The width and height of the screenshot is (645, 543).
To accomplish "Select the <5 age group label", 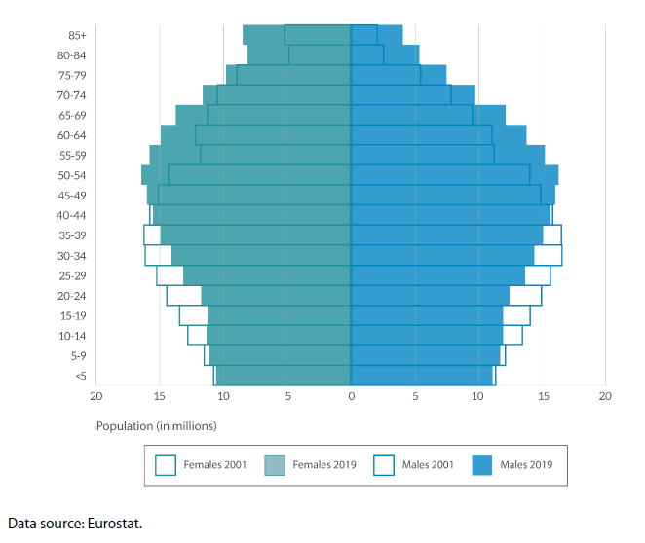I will [x=81, y=376].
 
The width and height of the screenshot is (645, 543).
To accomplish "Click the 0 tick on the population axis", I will [x=351, y=395].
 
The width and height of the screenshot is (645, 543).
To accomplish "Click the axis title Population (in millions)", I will [x=156, y=426].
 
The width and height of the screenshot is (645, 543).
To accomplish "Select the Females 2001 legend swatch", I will [x=166, y=465].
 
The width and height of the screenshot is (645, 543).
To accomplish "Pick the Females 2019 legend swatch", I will [x=276, y=465].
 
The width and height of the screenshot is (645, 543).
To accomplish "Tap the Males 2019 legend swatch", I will [x=482, y=465].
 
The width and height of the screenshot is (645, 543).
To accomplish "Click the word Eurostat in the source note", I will [x=117, y=524].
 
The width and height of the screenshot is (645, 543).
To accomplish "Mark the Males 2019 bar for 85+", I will [x=376, y=35].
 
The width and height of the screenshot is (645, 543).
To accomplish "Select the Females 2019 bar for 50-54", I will [x=248, y=175].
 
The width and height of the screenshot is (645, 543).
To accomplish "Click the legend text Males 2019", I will [x=526, y=465].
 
